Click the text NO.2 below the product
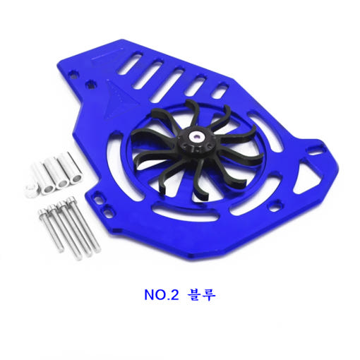coord(162,294)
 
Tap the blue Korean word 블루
coord(201,294)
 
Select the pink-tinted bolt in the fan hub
coord(196,136)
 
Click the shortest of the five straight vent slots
coord(220,90)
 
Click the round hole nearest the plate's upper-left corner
coord(73,74)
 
